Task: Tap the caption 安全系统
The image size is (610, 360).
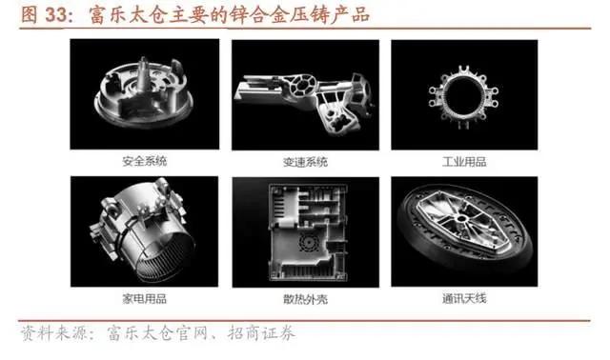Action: tap(145, 161)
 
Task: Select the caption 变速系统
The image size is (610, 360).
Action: tap(305, 162)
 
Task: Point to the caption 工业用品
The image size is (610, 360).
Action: tap(464, 162)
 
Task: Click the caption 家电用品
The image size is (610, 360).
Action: tap(144, 299)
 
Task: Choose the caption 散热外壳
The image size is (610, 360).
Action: tap(305, 299)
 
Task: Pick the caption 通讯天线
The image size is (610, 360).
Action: tap(464, 299)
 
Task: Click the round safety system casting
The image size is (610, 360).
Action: tap(144, 93)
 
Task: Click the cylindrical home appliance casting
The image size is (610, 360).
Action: tap(144, 231)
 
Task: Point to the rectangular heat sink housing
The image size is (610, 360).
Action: tap(307, 232)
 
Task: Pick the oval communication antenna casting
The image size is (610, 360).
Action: tap(465, 230)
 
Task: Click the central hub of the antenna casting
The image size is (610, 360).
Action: tap(461, 218)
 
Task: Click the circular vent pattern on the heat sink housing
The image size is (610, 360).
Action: tap(309, 243)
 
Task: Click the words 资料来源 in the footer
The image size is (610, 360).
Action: tap(54, 333)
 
